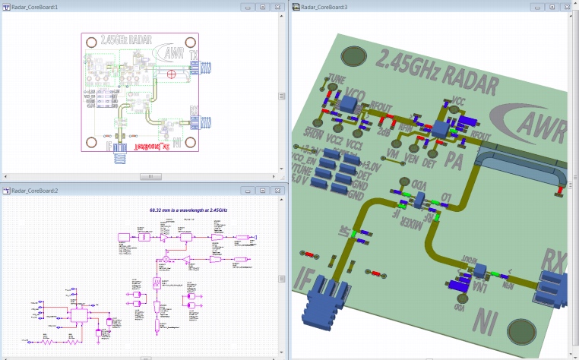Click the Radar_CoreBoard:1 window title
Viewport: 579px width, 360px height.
point(36,7)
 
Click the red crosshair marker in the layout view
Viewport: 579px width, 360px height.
point(172,74)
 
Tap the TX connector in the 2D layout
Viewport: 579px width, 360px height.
point(203,68)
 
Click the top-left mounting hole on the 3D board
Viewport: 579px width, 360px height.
point(356,55)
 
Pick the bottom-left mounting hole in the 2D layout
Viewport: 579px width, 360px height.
point(92,143)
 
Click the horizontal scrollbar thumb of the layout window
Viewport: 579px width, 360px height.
point(150,176)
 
